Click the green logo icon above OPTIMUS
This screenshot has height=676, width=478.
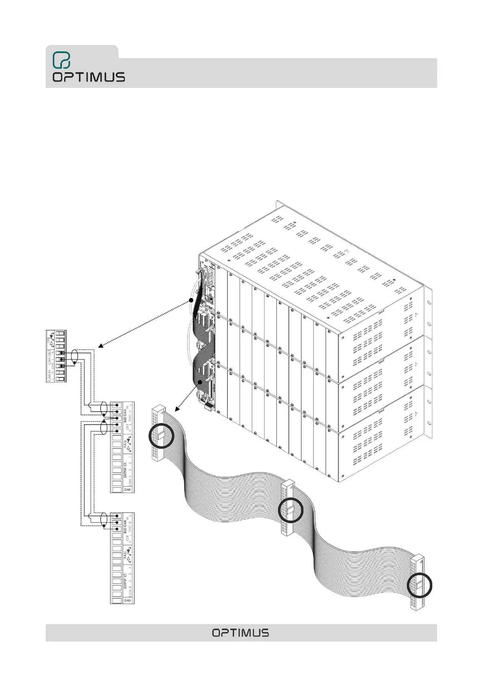61,60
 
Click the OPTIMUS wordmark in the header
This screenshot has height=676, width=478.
88,77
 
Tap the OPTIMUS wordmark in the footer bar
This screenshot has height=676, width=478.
240,633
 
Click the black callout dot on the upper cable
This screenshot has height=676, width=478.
191,300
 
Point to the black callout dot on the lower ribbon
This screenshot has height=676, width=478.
200,383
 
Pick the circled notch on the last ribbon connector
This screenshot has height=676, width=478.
420,585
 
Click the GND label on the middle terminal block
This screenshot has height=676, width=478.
127,489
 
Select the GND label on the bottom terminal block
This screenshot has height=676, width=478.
127,601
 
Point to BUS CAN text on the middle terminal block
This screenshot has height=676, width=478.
125,415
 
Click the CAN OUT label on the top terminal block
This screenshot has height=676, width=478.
49,357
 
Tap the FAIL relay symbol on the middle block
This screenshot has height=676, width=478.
128,444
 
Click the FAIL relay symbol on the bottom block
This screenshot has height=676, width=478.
128,556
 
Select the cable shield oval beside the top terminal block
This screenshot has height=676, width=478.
74,358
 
